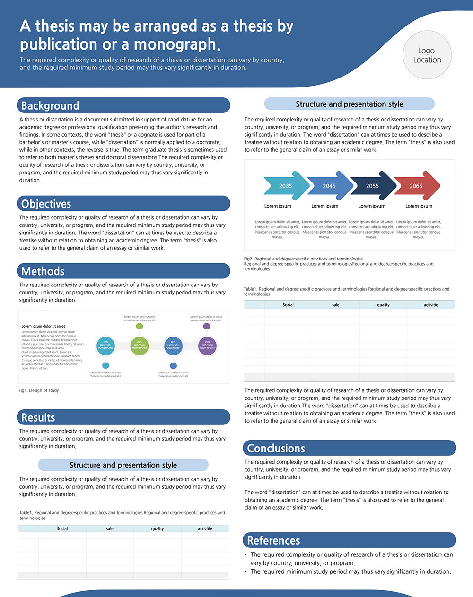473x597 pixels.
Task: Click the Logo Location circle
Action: [x=427, y=55]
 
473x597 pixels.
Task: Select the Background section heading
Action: [x=50, y=105]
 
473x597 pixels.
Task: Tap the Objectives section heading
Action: [x=46, y=204]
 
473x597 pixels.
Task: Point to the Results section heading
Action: [x=38, y=418]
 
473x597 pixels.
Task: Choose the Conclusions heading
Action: [x=276, y=449]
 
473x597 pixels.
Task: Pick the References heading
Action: [x=273, y=541]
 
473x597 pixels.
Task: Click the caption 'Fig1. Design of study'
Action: [x=39, y=390]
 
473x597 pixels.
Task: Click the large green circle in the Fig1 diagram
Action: [x=140, y=346]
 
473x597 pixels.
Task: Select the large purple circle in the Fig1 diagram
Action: [x=207, y=346]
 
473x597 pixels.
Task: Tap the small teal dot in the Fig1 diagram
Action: [x=105, y=365]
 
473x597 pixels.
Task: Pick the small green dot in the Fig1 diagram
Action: [x=140, y=326]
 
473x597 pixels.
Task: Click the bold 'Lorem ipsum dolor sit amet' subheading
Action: [x=43, y=326]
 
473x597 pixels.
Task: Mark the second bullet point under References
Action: [x=350, y=571]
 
